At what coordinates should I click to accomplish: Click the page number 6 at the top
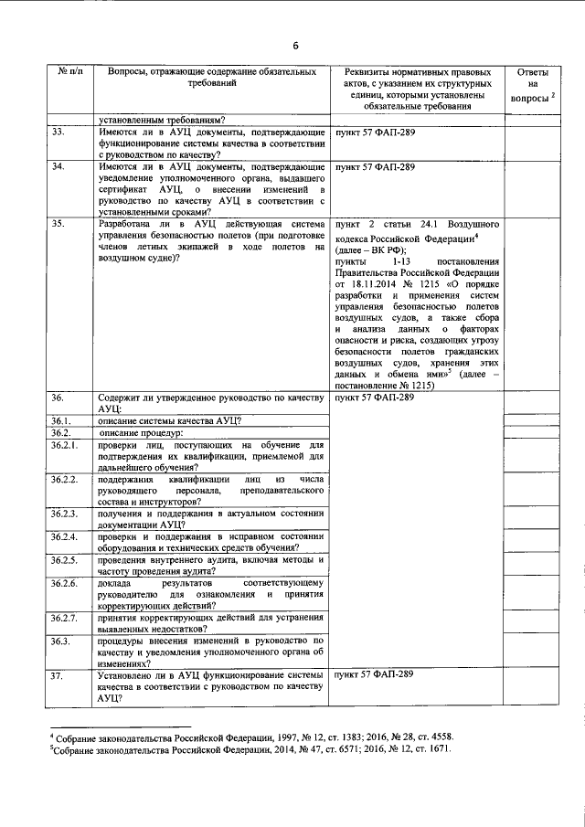(295, 46)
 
